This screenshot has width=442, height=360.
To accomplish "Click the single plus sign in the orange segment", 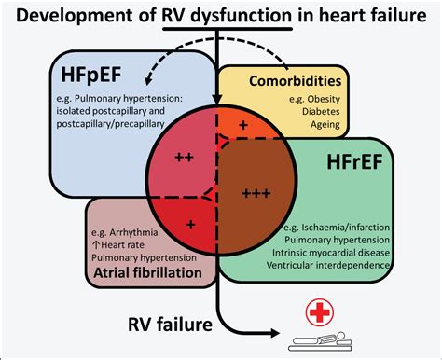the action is tap(244, 123).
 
